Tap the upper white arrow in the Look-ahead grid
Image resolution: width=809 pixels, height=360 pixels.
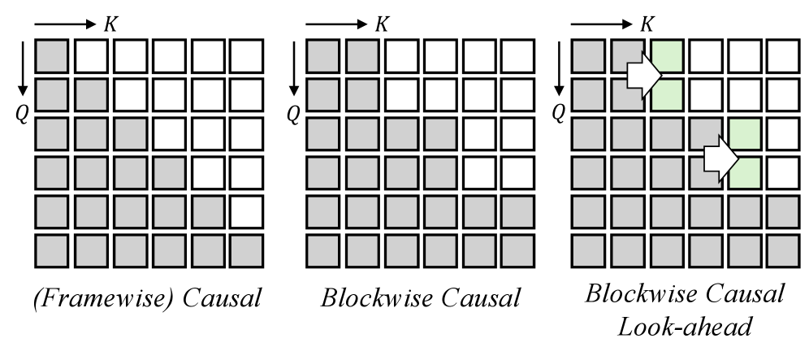point(644,76)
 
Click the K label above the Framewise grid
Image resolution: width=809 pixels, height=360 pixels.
point(110,24)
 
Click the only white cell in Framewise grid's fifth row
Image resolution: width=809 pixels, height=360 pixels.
point(246,212)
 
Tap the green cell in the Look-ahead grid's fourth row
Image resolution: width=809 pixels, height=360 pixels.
point(746,173)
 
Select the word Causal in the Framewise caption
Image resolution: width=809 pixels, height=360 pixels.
point(222,298)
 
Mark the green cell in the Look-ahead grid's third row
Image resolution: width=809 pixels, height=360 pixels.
point(746,134)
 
